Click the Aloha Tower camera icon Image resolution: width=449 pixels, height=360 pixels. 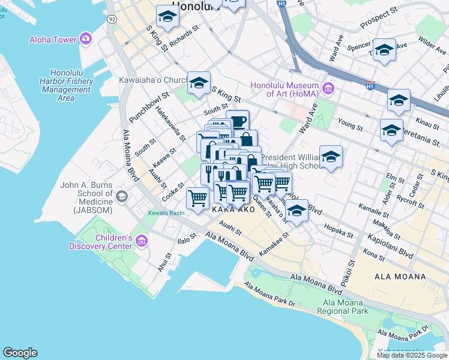click(86, 39)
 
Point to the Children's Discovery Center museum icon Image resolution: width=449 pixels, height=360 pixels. click(142, 241)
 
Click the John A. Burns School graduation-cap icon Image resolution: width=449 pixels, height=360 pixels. click(122, 197)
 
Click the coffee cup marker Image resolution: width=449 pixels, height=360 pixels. click(237, 121)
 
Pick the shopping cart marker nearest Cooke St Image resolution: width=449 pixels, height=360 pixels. click(197, 198)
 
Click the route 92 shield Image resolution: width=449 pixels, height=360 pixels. click(112, 19)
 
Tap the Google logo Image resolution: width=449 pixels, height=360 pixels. click(20, 353)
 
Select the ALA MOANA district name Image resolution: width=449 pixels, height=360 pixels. click(400, 277)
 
